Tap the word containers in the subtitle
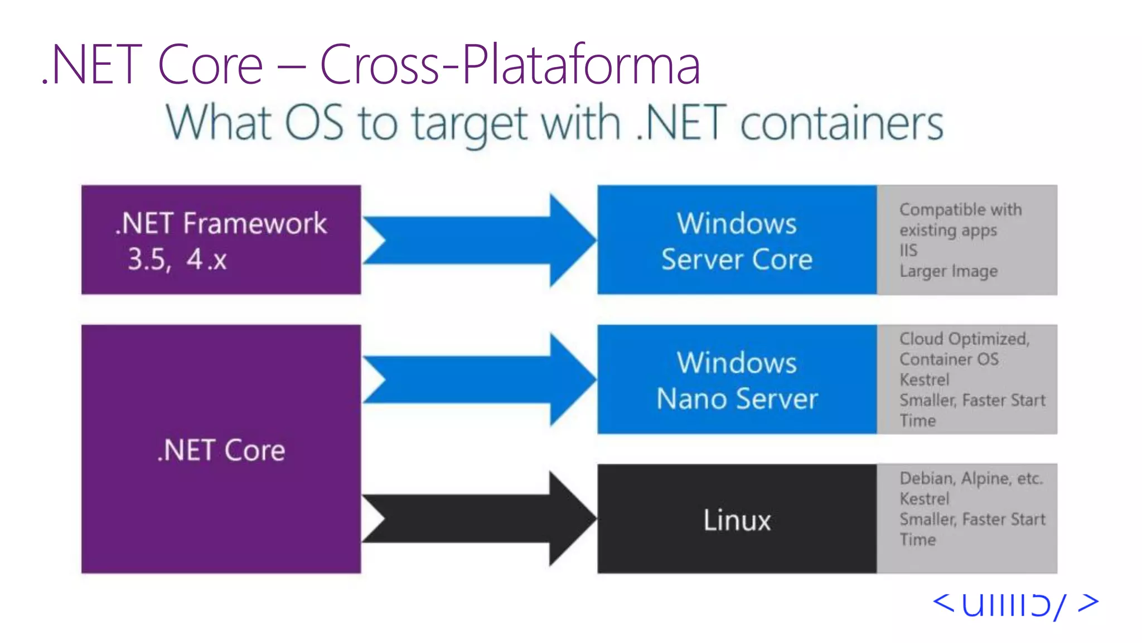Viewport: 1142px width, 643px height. pos(841,124)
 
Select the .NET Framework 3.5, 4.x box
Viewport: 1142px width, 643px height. pos(221,240)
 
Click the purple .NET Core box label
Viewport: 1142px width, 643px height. pos(221,450)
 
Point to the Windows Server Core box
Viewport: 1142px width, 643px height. pos(737,240)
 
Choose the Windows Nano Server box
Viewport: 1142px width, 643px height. pos(737,380)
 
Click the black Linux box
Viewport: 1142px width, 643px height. pos(737,519)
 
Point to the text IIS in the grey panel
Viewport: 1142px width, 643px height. pos(908,251)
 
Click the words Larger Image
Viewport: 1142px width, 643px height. pos(949,271)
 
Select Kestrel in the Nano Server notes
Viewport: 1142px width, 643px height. pos(924,380)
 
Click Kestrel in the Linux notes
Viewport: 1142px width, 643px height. pos(924,498)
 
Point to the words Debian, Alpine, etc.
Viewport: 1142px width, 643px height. pos(971,478)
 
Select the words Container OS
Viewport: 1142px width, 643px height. pos(949,359)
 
